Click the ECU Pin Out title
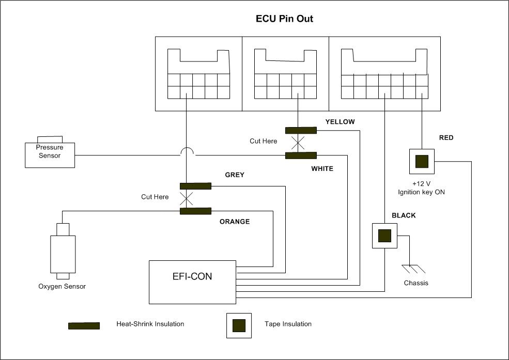pyautogui.click(x=285, y=19)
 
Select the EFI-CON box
pyautogui.click(x=192, y=281)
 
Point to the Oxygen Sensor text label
pyautogui.click(x=62, y=287)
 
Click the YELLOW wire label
pyautogui.click(x=340, y=122)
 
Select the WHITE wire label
pyautogui.click(x=322, y=168)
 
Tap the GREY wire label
pyautogui.click(x=234, y=175)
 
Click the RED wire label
pyautogui.click(x=446, y=138)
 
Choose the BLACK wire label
pyautogui.click(x=404, y=215)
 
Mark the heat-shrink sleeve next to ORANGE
pyautogui.click(x=195, y=211)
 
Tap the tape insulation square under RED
pyautogui.click(x=422, y=161)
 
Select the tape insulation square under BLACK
pyautogui.click(x=384, y=236)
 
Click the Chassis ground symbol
pyautogui.click(x=413, y=269)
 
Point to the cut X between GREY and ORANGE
pyautogui.click(x=186, y=198)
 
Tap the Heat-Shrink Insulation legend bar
pyautogui.click(x=84, y=325)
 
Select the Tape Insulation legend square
pyautogui.click(x=239, y=325)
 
